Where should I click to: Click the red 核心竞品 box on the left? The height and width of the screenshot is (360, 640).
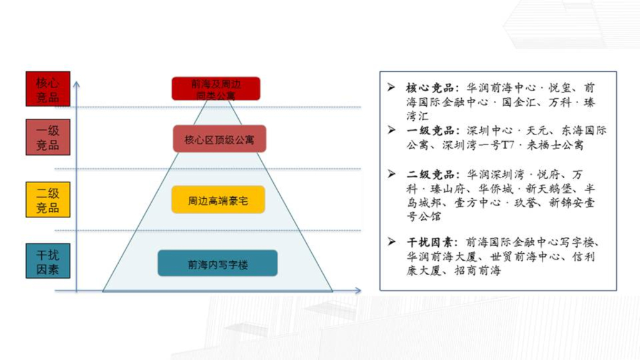pyautogui.click(x=47, y=89)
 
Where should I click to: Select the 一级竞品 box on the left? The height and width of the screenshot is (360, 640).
pyautogui.click(x=47, y=137)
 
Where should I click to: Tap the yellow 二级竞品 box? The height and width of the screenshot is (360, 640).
pyautogui.click(x=47, y=200)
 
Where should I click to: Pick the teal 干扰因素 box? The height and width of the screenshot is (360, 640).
pyautogui.click(x=47, y=262)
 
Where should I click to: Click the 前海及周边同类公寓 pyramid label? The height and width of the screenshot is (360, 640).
pyautogui.click(x=216, y=89)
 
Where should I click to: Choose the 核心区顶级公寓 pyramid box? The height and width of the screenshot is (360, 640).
pyautogui.click(x=219, y=139)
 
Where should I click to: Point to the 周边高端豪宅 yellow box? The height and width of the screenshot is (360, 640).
pyautogui.click(x=218, y=201)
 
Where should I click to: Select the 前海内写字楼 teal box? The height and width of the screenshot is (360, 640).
pyautogui.click(x=217, y=264)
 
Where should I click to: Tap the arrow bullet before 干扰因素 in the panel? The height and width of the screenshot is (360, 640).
pyautogui.click(x=391, y=242)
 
